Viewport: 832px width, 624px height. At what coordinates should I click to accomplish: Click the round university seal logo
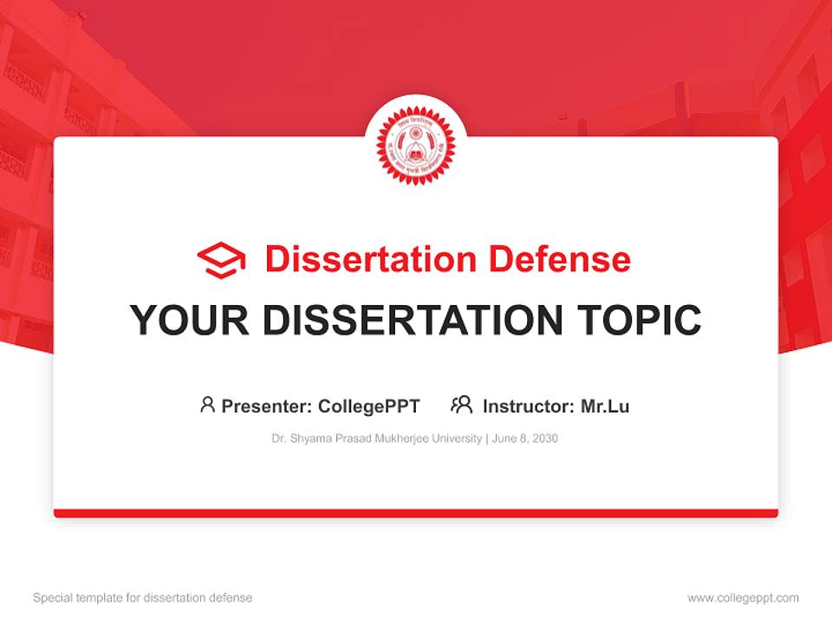pyautogui.click(x=416, y=145)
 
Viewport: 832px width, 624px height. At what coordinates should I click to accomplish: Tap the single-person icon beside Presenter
pyautogui.click(x=207, y=405)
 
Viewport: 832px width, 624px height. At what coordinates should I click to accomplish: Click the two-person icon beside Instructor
pyautogui.click(x=462, y=405)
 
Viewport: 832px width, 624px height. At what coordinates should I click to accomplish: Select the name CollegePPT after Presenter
pyautogui.click(x=369, y=406)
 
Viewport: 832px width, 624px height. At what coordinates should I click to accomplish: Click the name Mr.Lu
pyautogui.click(x=605, y=406)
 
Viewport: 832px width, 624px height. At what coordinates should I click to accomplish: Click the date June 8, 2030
pyautogui.click(x=525, y=439)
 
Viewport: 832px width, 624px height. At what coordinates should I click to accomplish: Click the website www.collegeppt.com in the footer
pyautogui.click(x=743, y=598)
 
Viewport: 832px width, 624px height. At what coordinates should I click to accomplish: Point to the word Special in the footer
pyautogui.click(x=52, y=598)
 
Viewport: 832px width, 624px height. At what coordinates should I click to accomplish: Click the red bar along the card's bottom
pyautogui.click(x=416, y=513)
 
